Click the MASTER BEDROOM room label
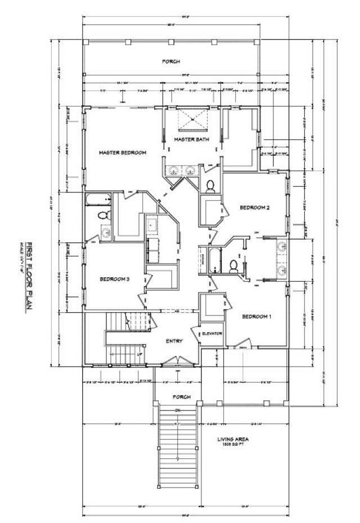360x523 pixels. tap(123, 152)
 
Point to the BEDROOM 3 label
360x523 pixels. tap(115, 279)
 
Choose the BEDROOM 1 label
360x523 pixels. tap(256, 317)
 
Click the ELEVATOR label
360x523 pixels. tap(213, 333)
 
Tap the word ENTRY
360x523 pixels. tap(174, 341)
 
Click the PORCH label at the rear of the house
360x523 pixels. tap(171, 61)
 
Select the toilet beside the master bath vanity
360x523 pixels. tap(210, 186)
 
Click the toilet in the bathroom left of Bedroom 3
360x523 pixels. tap(103, 215)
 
